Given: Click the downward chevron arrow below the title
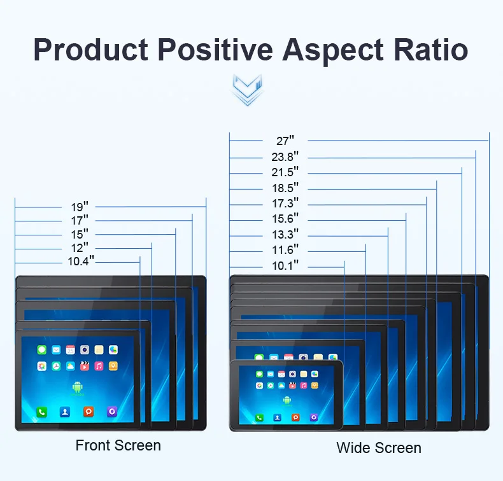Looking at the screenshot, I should coord(248,90).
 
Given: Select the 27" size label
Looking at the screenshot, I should coord(285,141).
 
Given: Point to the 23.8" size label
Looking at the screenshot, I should coord(285,157).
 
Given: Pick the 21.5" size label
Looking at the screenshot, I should coord(285,172).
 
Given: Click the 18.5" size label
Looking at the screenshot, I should coord(285,188).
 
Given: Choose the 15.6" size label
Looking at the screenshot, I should coord(285,220).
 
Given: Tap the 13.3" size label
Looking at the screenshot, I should coord(285,235).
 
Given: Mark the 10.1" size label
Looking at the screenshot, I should coord(285,266).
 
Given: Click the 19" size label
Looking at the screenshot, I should coord(80,207).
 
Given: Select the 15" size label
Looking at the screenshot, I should coord(80,234).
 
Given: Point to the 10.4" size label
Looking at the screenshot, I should coord(81,261).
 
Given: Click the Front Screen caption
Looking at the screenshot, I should coord(118,445).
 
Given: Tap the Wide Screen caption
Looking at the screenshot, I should coord(379,448).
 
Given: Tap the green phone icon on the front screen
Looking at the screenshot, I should coord(41,412).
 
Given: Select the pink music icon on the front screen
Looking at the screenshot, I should coord(99,366).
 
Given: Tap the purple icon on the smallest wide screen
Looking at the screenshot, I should coord(314,417).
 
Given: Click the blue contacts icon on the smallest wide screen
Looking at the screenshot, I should coord(278,417).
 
